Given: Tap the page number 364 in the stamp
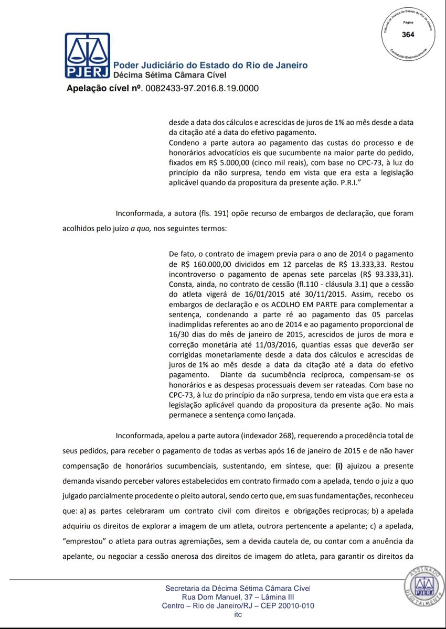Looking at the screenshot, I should (408, 35).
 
